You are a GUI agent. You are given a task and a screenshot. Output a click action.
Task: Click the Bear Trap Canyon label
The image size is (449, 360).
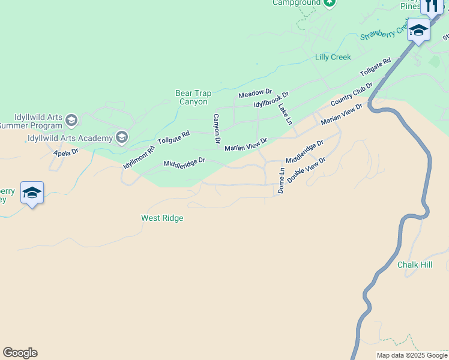(193, 97)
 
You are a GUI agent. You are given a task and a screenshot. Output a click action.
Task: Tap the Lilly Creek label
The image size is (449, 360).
(333, 57)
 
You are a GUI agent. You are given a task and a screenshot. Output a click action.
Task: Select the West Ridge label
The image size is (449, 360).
(162, 218)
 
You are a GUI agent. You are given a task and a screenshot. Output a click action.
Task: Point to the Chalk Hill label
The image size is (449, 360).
(414, 265)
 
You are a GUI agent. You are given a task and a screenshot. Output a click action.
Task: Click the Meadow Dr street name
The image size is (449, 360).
(255, 94)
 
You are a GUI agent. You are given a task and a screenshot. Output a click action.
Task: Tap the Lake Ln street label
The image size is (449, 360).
(285, 114)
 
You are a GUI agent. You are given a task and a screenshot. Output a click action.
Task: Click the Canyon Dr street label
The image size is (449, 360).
(216, 128)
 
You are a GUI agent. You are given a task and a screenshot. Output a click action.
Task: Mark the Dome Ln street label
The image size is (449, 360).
(281, 180)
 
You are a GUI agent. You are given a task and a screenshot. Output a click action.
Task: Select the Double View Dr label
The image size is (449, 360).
(306, 170)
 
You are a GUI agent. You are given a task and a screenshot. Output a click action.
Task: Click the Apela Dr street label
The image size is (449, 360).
(66, 152)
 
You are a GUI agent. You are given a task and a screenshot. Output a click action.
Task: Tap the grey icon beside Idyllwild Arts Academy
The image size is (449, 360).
(122, 138)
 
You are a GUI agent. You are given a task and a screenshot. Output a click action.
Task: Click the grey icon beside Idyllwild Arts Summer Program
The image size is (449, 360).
(71, 121)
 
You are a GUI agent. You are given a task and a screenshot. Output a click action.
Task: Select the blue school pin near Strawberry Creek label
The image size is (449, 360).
(418, 30)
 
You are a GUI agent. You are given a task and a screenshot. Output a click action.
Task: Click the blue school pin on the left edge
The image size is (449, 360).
(32, 193)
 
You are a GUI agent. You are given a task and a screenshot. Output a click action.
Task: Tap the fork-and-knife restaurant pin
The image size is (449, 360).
(432, 6)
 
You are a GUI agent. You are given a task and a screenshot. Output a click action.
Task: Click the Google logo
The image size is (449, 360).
(20, 353)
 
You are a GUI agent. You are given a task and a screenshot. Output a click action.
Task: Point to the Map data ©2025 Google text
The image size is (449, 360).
(411, 355)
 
